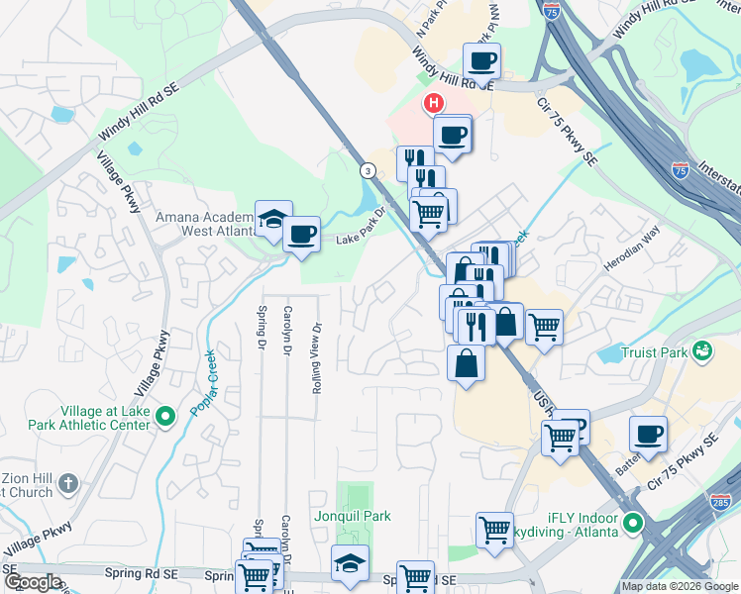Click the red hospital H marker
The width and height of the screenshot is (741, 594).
(x=433, y=103)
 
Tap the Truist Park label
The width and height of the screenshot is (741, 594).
(x=654, y=351)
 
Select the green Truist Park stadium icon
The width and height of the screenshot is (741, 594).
(x=702, y=349)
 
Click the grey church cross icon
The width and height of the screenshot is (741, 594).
(x=67, y=483)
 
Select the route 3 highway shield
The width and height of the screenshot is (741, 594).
(x=368, y=170)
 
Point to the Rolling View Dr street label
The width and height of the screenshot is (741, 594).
(x=317, y=357)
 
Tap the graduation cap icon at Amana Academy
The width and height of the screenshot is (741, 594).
(x=272, y=220)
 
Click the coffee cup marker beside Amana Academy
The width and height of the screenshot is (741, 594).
(x=302, y=235)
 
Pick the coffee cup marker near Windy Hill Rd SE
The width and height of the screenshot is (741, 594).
(x=481, y=60)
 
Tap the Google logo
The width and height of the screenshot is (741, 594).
(x=32, y=582)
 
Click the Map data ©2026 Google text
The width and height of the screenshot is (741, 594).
(x=680, y=586)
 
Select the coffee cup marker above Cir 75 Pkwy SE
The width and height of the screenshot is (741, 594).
(x=648, y=434)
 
